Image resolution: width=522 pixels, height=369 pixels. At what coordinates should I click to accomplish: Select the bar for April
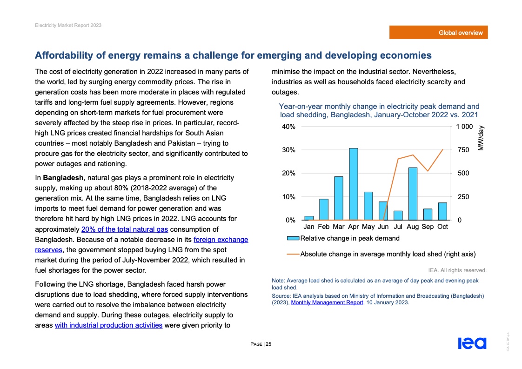354,184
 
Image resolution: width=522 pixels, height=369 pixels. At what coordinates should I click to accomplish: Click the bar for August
413,194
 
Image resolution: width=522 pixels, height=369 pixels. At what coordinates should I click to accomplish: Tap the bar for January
309,218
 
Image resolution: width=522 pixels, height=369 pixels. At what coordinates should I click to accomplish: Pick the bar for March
339,198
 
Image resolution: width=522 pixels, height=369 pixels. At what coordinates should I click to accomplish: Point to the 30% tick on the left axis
288,150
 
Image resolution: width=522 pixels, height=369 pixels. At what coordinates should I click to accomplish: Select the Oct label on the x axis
442,227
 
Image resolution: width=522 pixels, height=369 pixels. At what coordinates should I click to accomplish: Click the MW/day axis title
481,138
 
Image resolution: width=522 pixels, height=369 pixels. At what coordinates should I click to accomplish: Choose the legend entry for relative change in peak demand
343,239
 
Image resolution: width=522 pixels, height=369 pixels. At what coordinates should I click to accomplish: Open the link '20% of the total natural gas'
124,229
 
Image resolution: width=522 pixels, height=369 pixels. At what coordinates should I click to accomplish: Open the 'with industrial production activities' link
108,325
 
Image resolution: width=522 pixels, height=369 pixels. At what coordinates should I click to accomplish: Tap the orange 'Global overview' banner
439,33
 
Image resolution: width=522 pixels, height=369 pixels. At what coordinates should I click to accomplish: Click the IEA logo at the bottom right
472,343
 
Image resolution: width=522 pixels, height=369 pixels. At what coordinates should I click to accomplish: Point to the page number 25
268,344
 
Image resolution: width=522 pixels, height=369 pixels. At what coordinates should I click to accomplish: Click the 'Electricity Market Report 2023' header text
68,25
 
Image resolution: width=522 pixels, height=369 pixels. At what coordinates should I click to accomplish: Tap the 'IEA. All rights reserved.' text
457,270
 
